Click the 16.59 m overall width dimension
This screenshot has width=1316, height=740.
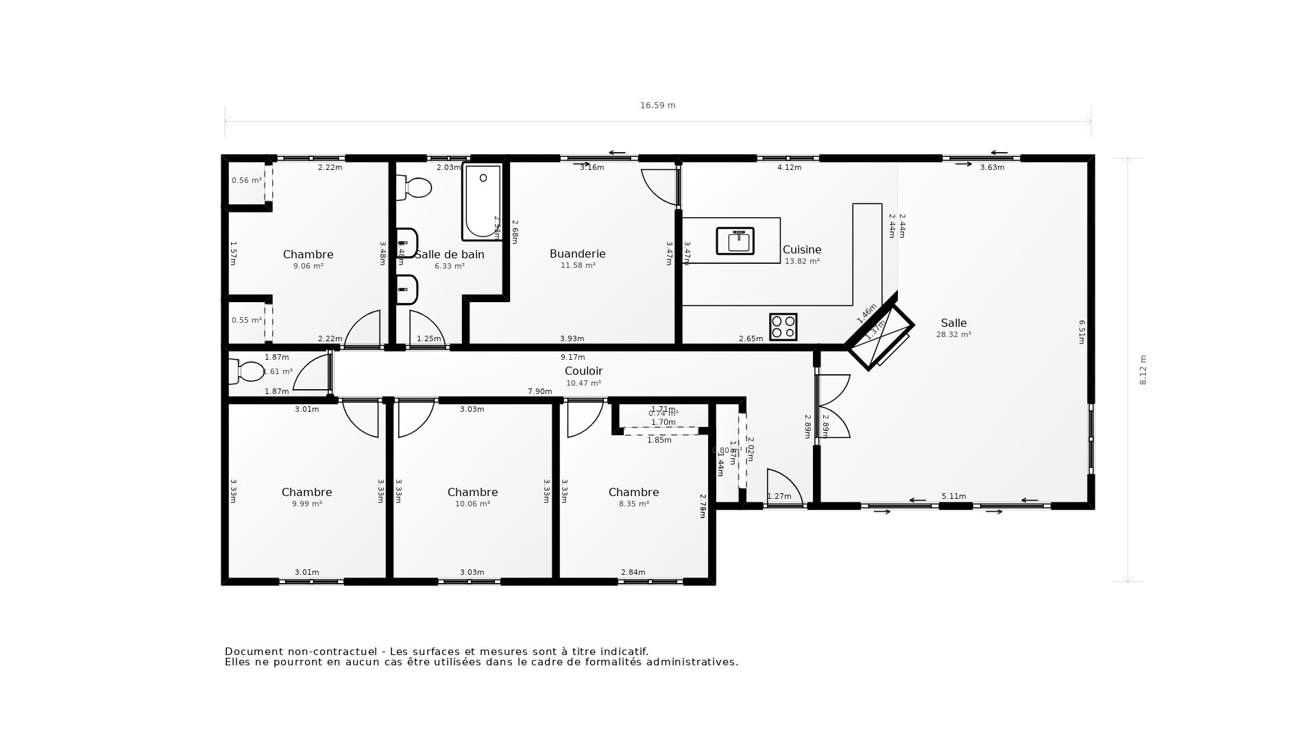(657, 106)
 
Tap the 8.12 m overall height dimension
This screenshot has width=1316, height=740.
(1143, 370)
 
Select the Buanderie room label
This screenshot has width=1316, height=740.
(577, 254)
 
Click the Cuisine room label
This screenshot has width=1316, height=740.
(802, 250)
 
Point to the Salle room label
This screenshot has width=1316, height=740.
(953, 323)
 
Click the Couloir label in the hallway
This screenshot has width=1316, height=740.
(583, 371)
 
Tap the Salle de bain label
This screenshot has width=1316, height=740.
(450, 255)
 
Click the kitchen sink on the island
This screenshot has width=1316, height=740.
(735, 241)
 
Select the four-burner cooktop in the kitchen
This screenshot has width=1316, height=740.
(783, 327)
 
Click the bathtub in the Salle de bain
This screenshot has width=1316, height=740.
(483, 201)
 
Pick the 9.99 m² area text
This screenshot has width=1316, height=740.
(307, 504)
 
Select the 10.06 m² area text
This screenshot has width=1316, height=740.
(472, 504)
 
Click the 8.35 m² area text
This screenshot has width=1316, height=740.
(633, 504)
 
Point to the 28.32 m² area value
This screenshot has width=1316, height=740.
(953, 335)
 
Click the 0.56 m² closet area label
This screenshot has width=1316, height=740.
(246, 181)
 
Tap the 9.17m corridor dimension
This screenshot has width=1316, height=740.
(572, 358)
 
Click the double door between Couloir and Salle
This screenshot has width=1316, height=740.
(832, 406)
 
